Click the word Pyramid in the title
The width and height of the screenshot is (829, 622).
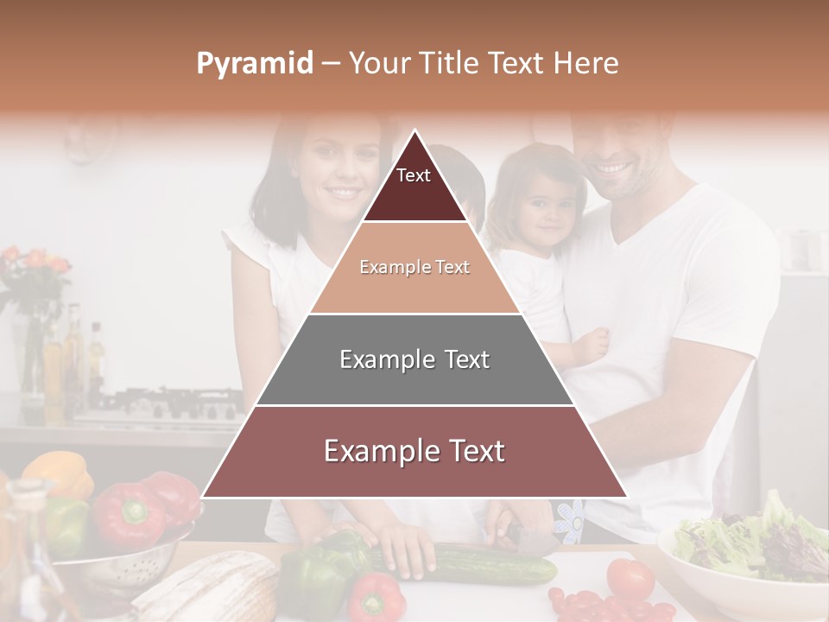click(254, 63)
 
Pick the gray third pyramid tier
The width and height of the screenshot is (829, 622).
click(414, 359)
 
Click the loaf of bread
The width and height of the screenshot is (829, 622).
click(212, 587)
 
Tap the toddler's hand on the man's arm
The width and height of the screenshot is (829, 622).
click(592, 346)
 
